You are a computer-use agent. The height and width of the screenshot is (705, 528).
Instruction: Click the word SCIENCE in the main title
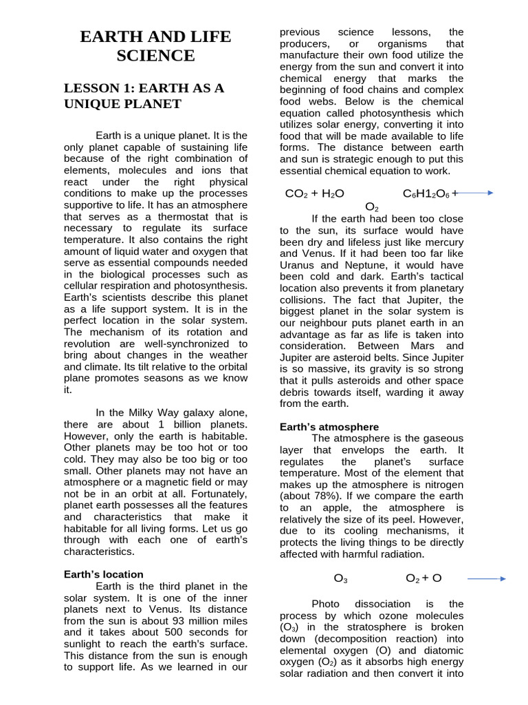(x=155, y=56)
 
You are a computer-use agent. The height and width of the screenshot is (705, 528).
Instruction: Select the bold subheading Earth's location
(x=104, y=574)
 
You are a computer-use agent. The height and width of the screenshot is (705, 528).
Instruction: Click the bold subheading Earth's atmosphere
(x=329, y=427)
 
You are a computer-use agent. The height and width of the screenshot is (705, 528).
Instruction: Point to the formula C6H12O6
(x=426, y=193)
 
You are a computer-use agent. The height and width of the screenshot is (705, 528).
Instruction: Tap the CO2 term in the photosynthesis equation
(x=296, y=193)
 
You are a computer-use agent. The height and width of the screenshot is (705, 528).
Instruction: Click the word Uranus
(x=299, y=265)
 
